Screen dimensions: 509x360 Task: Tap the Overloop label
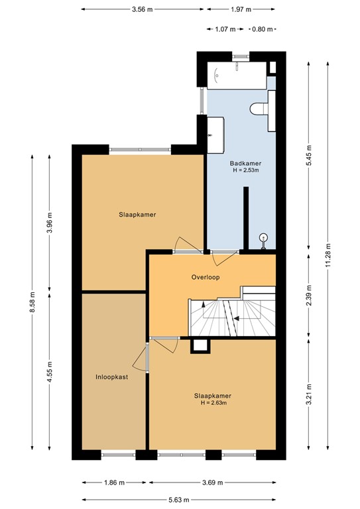point(205,277)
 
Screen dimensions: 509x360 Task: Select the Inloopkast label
point(111,376)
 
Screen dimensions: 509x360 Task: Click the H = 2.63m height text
point(213,402)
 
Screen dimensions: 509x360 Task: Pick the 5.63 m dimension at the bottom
point(179,500)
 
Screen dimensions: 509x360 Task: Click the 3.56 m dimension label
point(143,9)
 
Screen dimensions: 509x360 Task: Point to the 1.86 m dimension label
point(114,482)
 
